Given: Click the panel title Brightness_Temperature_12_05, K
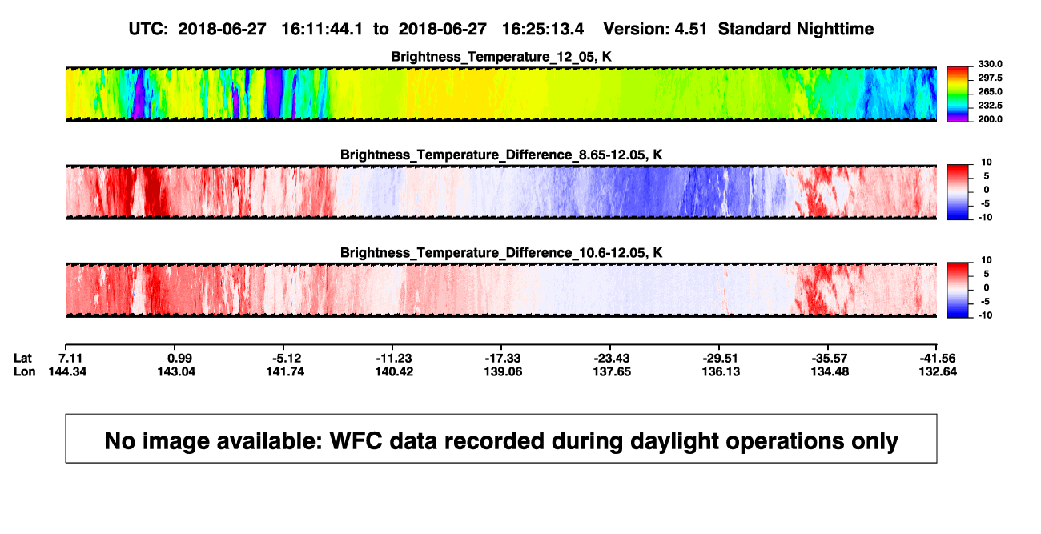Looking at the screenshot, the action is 501,57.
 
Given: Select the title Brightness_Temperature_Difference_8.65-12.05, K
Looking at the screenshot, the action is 501,155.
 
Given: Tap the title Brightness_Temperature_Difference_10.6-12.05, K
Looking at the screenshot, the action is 501,253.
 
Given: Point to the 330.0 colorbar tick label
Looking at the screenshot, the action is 990,64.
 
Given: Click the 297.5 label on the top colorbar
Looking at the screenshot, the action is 990,78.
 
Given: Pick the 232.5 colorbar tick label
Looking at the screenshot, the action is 990,106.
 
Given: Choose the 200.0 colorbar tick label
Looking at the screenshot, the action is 990,119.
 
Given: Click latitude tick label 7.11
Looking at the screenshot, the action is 70,359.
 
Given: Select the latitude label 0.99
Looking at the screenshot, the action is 179,359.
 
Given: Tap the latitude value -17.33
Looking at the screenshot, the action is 503,359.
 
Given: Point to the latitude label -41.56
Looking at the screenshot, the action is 938,359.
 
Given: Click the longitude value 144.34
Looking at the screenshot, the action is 67,371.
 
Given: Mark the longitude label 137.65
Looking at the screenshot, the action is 612,371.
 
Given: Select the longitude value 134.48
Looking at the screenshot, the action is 830,371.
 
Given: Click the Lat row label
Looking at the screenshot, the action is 22,359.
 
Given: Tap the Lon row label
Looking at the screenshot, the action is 24,371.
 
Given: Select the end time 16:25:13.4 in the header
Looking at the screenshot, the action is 543,30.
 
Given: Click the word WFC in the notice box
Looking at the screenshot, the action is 356,441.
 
